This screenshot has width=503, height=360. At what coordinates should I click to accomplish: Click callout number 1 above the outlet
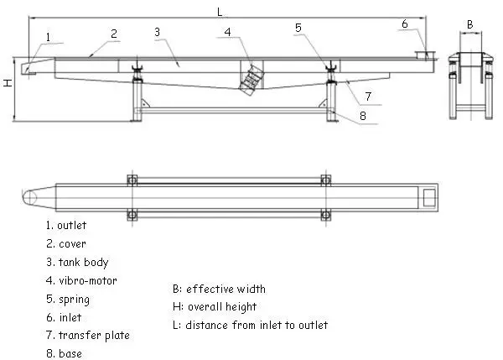pyautogui.click(x=48, y=37)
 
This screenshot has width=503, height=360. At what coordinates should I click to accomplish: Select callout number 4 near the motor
pyautogui.click(x=227, y=32)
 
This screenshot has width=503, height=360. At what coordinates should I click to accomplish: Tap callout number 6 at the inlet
pyautogui.click(x=405, y=23)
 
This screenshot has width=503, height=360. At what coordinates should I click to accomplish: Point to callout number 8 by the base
pyautogui.click(x=363, y=116)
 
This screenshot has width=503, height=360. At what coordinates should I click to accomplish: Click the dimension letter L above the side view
pyautogui.click(x=220, y=13)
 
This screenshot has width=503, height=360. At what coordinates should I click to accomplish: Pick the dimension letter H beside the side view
pyautogui.click(x=8, y=83)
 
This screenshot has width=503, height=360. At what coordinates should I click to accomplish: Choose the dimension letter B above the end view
pyautogui.click(x=470, y=24)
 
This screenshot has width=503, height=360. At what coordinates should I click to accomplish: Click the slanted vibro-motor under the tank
pyautogui.click(x=252, y=80)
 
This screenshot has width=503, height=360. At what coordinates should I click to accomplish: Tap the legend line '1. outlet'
pyautogui.click(x=66, y=225)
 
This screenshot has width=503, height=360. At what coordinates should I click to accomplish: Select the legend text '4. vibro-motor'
pyautogui.click(x=81, y=280)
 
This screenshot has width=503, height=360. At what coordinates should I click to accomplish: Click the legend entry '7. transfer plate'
pyautogui.click(x=88, y=336)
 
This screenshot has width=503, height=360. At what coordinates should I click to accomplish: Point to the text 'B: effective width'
pyautogui.click(x=219, y=289)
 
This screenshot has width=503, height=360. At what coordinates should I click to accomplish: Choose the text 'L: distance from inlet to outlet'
pyautogui.click(x=250, y=325)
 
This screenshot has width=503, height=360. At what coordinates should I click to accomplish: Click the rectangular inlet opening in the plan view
pyautogui.click(x=429, y=197)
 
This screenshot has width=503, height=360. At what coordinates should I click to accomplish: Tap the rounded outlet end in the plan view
pyautogui.click(x=29, y=197)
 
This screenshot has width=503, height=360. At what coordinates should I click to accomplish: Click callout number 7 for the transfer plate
pyautogui.click(x=368, y=96)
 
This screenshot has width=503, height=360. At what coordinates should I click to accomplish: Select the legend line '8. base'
pyautogui.click(x=65, y=353)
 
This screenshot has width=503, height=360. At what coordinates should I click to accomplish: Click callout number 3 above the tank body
pyautogui.click(x=157, y=32)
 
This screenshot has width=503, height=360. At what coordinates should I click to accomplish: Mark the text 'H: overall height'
pyautogui.click(x=215, y=307)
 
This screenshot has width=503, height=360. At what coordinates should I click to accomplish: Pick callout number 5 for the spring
pyautogui.click(x=298, y=28)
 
